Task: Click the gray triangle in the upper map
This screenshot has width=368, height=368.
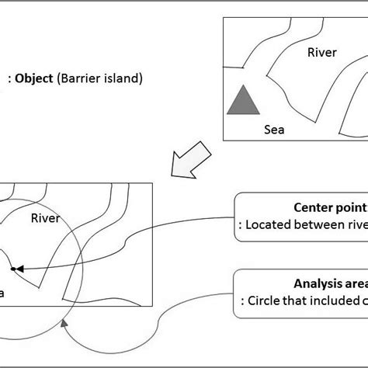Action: pos(242,102)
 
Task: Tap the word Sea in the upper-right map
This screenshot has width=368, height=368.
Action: pos(273,130)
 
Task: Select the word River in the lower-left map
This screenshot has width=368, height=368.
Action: pos(45,219)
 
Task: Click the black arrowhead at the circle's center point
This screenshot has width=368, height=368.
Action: pos(20,268)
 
